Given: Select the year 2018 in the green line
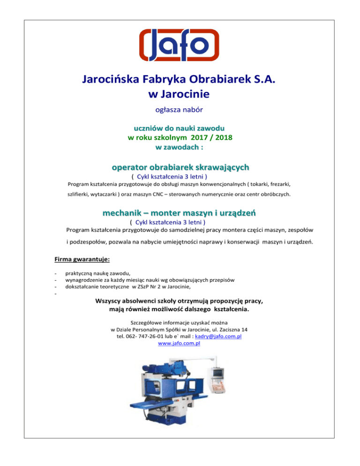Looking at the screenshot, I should [223, 137].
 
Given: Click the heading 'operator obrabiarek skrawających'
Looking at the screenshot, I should [180, 167].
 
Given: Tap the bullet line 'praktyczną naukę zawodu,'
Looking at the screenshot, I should [98, 273].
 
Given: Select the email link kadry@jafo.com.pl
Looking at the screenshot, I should [222, 337].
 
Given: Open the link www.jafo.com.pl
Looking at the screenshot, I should [180, 344].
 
